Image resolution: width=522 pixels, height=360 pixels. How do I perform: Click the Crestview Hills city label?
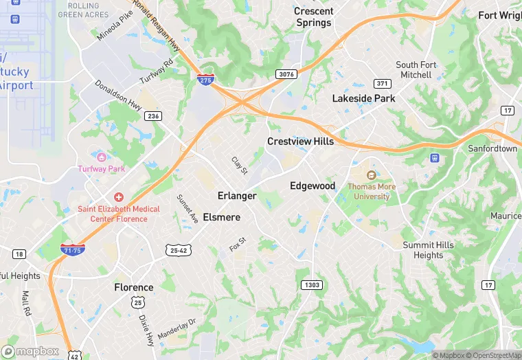tap(300, 142)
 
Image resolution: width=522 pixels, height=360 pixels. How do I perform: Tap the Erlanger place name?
tap(237, 196)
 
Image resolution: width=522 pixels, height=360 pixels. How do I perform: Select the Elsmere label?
tap(222, 217)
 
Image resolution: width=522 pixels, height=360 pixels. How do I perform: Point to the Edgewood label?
tap(313, 186)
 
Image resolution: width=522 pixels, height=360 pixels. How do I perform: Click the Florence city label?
tap(134, 287)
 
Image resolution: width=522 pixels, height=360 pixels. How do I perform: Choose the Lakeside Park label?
tap(363, 98)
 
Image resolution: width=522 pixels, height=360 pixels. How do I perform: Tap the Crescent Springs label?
tap(313, 17)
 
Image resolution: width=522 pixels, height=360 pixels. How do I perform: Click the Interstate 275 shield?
tap(205, 80)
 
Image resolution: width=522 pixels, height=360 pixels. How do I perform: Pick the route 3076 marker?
tap(286, 74)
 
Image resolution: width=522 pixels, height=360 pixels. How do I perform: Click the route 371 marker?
tap(382, 83)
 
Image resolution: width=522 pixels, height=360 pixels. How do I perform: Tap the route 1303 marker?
tap(311, 284)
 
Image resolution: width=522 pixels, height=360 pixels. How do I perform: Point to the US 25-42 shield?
tap(177, 251)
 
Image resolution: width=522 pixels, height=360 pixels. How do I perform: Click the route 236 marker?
tap(153, 116)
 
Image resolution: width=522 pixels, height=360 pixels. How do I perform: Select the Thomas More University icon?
tap(372, 175)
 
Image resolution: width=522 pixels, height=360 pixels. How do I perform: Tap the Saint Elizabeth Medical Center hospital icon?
tap(118, 197)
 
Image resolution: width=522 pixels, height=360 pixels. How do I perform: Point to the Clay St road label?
tap(238, 166)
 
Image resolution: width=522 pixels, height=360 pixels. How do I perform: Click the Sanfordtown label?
tap(492, 148)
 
